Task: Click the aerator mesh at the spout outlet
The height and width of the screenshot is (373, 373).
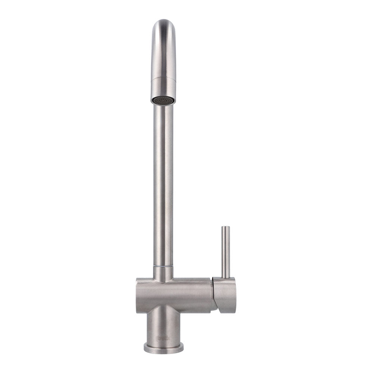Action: (x=163, y=100)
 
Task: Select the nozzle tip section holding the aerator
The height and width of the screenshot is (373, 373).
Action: (x=163, y=89)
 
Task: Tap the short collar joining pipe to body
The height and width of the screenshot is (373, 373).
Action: (x=163, y=274)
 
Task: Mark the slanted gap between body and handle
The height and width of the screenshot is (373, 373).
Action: (x=214, y=295)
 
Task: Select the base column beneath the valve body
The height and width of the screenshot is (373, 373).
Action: (x=163, y=325)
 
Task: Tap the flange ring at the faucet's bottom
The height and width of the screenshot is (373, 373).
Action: (x=163, y=348)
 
